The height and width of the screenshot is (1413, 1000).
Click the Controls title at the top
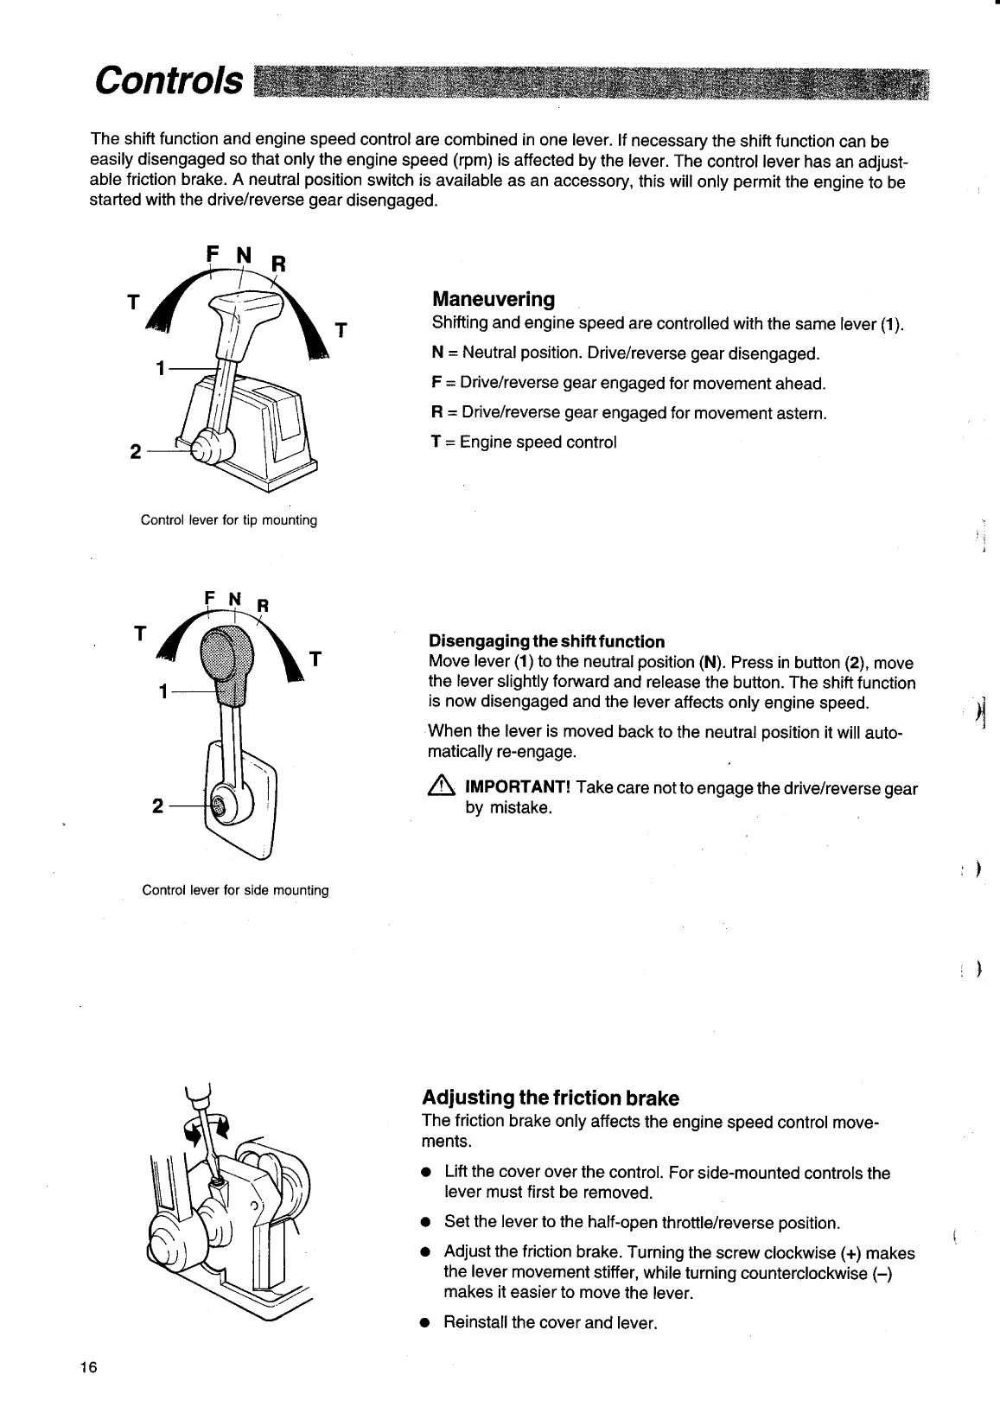169,80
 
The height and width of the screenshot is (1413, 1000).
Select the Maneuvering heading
493,300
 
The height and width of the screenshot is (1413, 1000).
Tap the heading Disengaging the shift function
546,641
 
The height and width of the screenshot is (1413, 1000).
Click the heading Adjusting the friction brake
550,1098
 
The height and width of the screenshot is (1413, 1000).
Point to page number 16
87,1366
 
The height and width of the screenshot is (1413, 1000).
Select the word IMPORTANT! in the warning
517,788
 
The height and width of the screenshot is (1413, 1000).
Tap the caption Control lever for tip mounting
229,520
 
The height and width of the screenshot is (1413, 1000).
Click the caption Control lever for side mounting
235,890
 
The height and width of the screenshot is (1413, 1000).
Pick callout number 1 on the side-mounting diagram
162,691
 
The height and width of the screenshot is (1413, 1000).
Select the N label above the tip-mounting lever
243,254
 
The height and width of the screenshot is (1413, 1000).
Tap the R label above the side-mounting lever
264,605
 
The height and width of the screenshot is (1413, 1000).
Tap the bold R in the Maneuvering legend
436,413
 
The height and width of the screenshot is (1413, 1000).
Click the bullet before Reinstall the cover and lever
424,1323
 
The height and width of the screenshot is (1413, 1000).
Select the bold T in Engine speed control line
436,442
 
